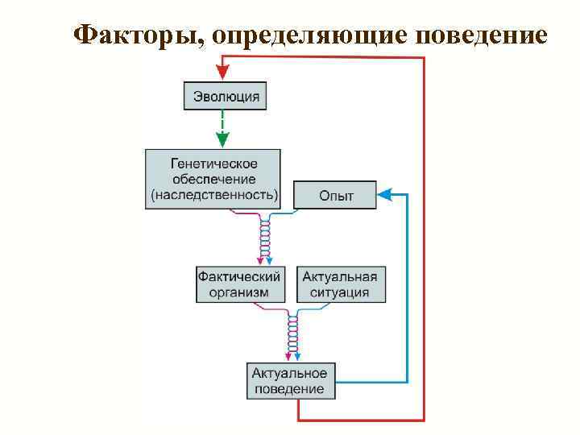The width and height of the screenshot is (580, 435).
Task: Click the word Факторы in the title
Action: (129, 36)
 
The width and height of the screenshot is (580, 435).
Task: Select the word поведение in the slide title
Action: (481, 36)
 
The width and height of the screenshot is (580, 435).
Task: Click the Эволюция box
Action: (226, 97)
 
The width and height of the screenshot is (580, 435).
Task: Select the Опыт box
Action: (335, 196)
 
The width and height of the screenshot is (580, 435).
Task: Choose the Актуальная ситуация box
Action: (339, 284)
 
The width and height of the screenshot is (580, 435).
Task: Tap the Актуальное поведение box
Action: (289, 381)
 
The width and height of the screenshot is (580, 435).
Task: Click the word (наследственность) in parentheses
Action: (213, 195)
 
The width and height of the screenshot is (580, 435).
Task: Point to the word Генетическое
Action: (213, 162)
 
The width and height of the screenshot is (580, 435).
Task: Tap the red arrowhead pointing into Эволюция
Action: (222, 72)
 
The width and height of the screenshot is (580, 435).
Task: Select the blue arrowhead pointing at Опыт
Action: (384, 194)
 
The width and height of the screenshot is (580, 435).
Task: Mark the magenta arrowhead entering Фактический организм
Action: (259, 259)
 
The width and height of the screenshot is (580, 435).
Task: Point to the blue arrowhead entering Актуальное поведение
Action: (297, 356)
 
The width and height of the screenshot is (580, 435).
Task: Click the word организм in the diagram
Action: (239, 293)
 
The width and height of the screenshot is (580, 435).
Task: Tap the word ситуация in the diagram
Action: (339, 293)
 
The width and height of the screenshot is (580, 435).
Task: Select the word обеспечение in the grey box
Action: (213, 178)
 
